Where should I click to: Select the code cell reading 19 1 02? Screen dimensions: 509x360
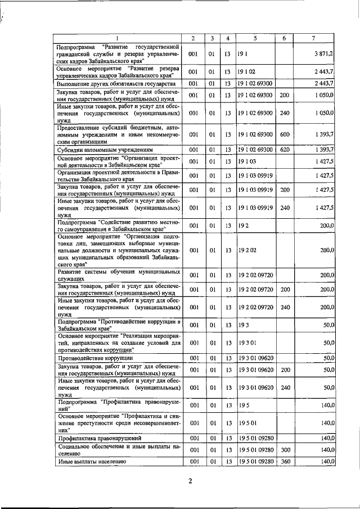pos(247,73)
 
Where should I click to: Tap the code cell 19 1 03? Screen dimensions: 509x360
pos(247,162)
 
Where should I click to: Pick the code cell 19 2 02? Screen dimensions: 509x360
pos(247,250)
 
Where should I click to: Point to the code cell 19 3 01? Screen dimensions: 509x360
pos(247,342)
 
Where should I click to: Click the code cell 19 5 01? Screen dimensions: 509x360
pos(247,422)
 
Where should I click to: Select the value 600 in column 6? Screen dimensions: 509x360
pos(284,135)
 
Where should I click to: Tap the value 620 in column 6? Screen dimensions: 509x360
pos(284,149)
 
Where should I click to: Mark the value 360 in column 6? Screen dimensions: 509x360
pos(284,462)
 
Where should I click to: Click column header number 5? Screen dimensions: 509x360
pos(255,38)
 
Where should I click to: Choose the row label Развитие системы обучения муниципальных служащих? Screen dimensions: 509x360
pos(119,275)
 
